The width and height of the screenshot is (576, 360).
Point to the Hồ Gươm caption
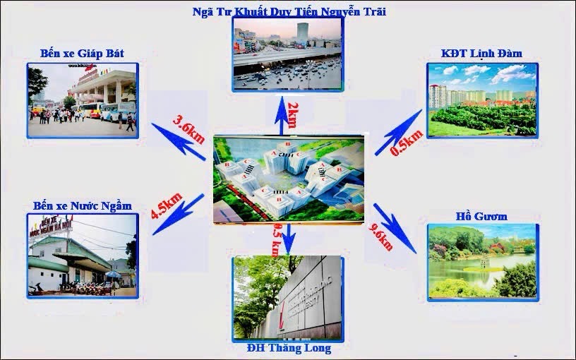point(482,216)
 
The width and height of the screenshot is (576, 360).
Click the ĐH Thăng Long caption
point(289,348)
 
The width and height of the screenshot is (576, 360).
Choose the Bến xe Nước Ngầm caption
point(83,205)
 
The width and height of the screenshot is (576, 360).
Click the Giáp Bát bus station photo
point(82,99)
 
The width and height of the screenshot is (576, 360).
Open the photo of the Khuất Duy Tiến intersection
point(288,53)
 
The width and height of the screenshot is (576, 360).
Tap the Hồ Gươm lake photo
point(481,261)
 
